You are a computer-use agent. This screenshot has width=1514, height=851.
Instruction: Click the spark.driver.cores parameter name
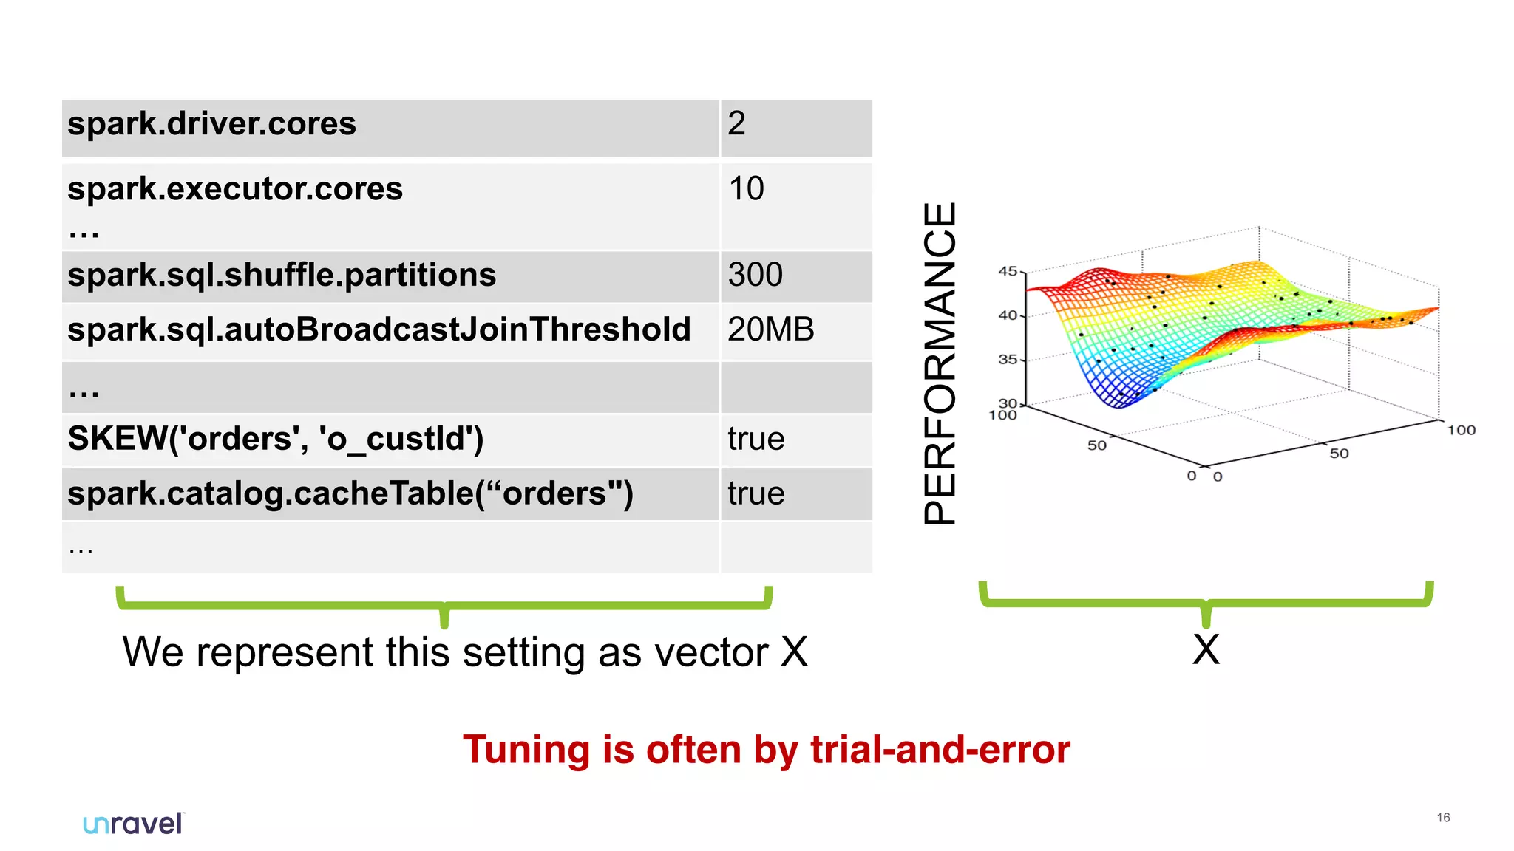211,124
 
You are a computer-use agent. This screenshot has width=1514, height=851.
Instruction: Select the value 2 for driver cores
736,123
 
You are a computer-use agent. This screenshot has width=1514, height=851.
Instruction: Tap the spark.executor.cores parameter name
235,188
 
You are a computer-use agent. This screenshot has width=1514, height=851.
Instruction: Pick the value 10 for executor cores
746,188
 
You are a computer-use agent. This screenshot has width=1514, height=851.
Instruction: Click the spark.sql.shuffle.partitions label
282,276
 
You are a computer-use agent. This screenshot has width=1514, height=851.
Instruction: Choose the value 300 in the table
755,275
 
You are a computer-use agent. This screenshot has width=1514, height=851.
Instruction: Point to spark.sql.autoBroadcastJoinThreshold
378,329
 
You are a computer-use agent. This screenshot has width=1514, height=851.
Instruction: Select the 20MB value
770,329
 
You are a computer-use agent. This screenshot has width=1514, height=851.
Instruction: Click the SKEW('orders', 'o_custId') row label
276,439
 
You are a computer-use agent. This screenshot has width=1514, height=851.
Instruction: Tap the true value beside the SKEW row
756,439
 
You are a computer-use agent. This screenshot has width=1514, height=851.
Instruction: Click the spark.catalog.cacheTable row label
350,493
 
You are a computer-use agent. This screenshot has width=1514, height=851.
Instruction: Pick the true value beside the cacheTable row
756,493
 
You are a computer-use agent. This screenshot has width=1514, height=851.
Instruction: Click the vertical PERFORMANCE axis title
940,363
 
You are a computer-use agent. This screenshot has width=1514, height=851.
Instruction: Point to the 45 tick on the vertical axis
1008,271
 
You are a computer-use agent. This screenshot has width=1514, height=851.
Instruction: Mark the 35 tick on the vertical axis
1008,360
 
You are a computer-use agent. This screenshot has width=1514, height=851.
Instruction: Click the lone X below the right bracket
1206,650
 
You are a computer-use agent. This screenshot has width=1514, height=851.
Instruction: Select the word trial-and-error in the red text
940,750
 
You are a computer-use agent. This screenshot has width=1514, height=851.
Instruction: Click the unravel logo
133,824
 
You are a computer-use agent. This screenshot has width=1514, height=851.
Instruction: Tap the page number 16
1443,818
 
